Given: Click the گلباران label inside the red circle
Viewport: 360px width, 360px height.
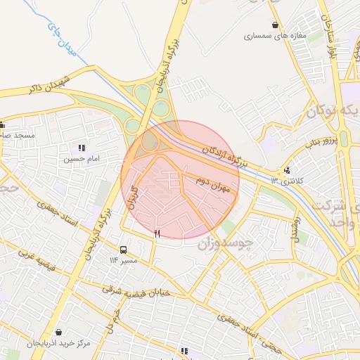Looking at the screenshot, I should click(x=132, y=193).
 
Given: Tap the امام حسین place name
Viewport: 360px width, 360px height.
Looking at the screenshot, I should click(x=82, y=159).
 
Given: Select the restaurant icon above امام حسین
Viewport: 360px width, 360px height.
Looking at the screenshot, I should click(x=82, y=148).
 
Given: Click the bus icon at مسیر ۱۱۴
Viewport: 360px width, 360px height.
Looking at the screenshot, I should click(x=124, y=250).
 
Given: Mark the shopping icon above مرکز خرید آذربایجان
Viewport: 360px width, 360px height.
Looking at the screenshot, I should click(x=58, y=332).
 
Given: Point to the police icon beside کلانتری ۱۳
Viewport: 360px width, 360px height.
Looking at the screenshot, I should click(x=287, y=170).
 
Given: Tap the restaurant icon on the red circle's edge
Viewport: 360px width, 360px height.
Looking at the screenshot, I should click(x=157, y=233).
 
